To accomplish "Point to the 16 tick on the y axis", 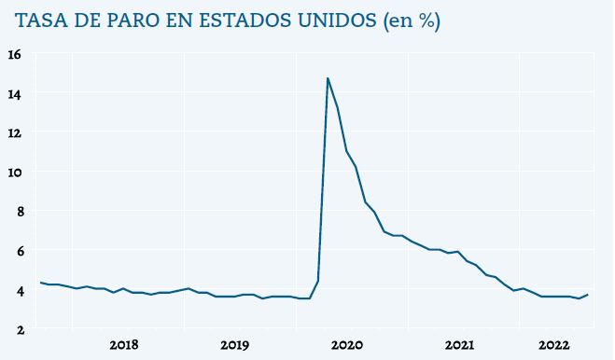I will click(14, 54).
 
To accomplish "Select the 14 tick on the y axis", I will click(14, 93).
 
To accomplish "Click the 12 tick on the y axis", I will click(14, 132).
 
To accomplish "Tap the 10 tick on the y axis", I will click(14, 172).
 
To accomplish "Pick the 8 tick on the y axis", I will click(16, 211).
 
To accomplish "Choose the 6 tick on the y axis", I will click(16, 250).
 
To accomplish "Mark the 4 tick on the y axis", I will click(16, 290).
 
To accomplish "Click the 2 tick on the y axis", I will click(16, 329).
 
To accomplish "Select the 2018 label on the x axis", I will click(124, 345).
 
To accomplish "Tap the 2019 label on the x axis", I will click(235, 345).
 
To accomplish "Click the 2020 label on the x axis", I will click(347, 345).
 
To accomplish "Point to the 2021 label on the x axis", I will click(459, 345).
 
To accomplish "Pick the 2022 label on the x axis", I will click(554, 345).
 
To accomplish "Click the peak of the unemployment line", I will click(328, 78).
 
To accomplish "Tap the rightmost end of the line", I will click(587, 295).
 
